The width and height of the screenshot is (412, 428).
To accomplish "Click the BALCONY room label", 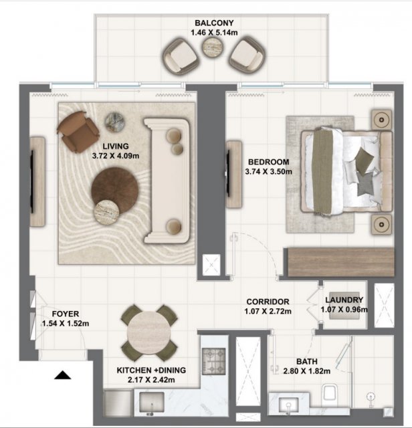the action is [214, 23].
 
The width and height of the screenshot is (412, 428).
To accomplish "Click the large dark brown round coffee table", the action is [115, 191].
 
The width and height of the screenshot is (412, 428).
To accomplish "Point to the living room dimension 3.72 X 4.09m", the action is [116, 156].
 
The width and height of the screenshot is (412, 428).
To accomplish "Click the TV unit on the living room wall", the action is [37, 181].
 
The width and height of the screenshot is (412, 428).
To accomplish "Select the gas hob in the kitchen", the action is [213, 361].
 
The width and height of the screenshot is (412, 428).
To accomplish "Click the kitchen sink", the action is [152, 403].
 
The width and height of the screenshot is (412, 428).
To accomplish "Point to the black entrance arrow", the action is [62, 375].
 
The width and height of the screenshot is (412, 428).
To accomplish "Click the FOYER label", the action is [66, 314].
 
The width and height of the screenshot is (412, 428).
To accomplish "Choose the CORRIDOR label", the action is [268, 302].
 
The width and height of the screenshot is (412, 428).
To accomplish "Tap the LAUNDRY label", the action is [344, 300].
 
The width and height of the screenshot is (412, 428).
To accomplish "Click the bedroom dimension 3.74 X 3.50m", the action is [269, 172].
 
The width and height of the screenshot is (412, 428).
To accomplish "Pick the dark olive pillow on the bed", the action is [365, 160].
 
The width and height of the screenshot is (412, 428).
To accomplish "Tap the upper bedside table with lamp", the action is [381, 119].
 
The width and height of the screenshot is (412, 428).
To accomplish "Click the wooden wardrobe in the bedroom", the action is [340, 262].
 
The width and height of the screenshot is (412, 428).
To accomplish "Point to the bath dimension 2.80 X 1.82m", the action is [307, 371].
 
